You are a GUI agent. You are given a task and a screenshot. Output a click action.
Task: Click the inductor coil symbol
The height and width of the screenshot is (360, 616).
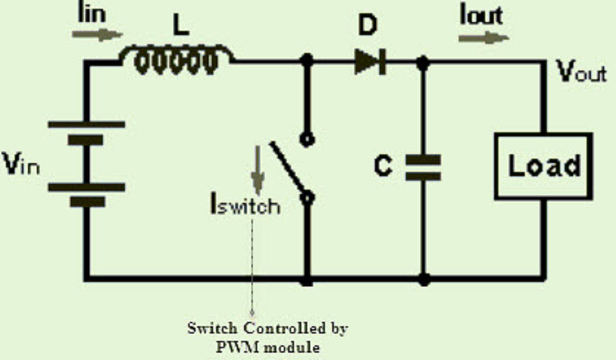(x=176, y=60)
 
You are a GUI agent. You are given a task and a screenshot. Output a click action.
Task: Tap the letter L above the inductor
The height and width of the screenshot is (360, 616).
(x=181, y=26)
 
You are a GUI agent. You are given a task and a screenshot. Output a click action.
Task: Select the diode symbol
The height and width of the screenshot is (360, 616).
(x=370, y=62)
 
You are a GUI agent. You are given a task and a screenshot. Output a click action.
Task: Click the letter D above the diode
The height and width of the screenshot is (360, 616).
(x=368, y=26)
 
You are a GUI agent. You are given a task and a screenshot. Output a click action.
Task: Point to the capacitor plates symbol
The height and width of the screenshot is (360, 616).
(x=423, y=168)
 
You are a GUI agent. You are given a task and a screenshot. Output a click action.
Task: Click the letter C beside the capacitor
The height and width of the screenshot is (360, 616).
(x=383, y=165)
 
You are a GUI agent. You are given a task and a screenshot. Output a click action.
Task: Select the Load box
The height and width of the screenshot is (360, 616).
(x=543, y=167)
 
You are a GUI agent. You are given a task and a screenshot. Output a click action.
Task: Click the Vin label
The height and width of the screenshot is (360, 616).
(x=21, y=164)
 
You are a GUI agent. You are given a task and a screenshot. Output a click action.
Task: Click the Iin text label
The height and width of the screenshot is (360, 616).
(x=93, y=13)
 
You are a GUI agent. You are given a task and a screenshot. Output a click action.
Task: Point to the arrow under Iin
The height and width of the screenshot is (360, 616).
(x=97, y=35)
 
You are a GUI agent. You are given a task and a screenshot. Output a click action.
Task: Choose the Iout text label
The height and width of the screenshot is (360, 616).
(x=481, y=15)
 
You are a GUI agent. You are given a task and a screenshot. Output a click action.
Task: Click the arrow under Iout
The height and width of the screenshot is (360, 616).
(x=484, y=38)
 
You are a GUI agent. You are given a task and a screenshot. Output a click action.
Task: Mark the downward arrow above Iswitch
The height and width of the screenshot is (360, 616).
(x=258, y=170)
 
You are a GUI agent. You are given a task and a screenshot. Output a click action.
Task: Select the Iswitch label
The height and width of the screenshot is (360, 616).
(x=246, y=204)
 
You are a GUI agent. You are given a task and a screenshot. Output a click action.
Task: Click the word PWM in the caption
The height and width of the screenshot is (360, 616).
(x=234, y=347)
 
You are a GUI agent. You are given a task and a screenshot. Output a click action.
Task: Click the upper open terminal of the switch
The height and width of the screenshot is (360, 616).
(x=307, y=140)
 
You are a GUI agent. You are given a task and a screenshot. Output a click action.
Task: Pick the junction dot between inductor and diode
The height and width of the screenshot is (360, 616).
(x=307, y=61)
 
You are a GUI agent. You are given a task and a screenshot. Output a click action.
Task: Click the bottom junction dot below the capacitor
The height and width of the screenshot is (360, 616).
(x=423, y=279)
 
